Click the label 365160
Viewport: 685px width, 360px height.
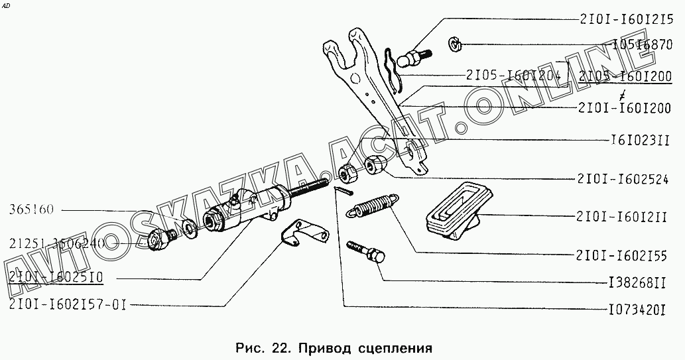click(x=32, y=210)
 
